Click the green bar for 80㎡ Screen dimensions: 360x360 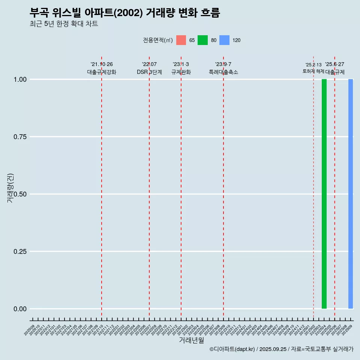pyautogui.click(x=324, y=194)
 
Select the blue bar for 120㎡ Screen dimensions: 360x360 pyautogui.click(x=351, y=194)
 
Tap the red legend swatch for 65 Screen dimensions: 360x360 pyautogui.click(x=181, y=40)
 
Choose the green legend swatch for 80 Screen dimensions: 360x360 pyautogui.click(x=202, y=40)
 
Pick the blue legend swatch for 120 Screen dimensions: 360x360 pyautogui.click(x=224, y=40)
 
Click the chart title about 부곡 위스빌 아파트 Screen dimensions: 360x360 pyautogui.click(x=125, y=13)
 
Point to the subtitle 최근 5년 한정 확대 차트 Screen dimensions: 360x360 pyautogui.click(x=64, y=24)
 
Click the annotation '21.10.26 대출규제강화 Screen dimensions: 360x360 pyautogui.click(x=102, y=68)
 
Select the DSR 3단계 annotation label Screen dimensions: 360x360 pyautogui.click(x=149, y=72)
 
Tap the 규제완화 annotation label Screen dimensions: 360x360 pyautogui.click(x=181, y=72)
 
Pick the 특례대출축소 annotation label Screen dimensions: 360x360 pyautogui.click(x=223, y=72)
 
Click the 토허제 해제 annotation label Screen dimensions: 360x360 pyautogui.click(x=313, y=71)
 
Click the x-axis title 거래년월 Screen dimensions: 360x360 pyautogui.click(x=192, y=340)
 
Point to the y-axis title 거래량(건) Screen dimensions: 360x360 pyautogui.click(x=10, y=188)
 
